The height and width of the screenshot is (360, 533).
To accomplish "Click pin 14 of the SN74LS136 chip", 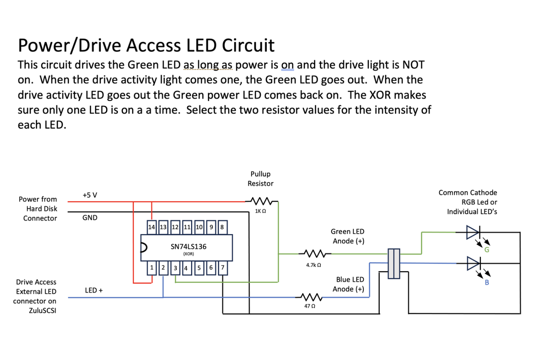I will point(152,227).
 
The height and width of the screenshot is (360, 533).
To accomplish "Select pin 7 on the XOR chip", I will point(222,268).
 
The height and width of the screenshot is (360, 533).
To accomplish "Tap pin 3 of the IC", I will point(175,268).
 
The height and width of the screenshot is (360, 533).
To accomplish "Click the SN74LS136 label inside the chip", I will point(188,247).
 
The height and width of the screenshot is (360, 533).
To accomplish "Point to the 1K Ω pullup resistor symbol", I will point(261,201).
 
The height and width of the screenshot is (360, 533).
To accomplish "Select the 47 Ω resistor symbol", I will point(311,297).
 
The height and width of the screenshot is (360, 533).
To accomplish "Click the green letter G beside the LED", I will point(487,250).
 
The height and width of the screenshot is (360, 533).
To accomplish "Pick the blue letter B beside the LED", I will point(487,283).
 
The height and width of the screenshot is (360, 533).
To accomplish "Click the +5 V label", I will point(90,195).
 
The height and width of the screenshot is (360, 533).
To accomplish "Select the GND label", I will point(90,218).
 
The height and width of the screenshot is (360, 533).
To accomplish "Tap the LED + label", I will point(94,290).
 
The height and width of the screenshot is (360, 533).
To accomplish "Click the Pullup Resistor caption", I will point(260,178).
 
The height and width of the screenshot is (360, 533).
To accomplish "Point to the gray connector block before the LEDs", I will point(394,263).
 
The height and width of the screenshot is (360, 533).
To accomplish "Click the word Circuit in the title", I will point(248,45).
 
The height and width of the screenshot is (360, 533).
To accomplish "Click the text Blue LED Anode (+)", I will point(349,284).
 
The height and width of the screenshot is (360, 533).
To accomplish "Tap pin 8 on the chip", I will point(222,227).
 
